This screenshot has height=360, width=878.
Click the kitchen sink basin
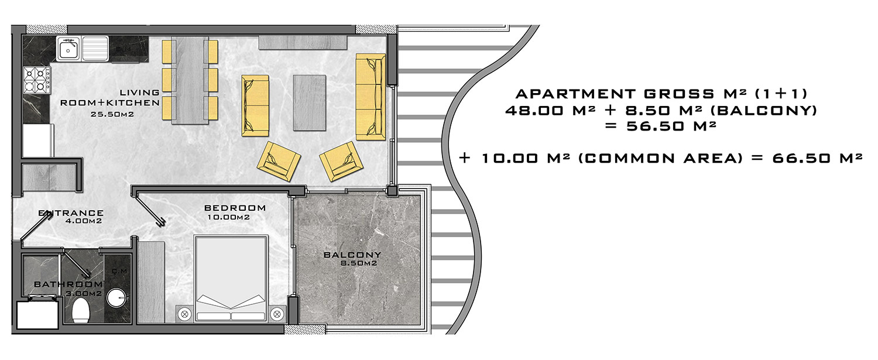68,49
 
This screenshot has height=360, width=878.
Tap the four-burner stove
37,80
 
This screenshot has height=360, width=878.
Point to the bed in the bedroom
231,279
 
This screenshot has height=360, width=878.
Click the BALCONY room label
352,255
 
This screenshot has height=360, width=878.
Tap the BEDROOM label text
235,208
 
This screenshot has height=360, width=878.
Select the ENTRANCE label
71,213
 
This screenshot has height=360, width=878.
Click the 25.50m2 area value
112,115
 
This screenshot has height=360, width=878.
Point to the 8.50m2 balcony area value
359,263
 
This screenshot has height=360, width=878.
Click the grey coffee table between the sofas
309,103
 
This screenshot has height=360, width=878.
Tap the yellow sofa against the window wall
371,97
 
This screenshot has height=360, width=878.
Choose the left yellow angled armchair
279,161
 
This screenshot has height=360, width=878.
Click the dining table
190,80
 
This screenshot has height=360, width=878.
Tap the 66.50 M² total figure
817,159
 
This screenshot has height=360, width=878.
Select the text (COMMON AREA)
660,159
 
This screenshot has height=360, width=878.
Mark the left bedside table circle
184,314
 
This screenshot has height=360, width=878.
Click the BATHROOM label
68,284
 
